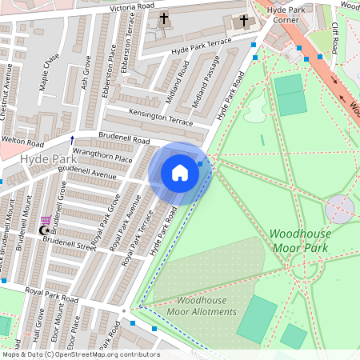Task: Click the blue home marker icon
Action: pos(180,173)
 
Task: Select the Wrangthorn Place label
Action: pos(102,158)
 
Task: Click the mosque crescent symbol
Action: pos(44,230)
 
